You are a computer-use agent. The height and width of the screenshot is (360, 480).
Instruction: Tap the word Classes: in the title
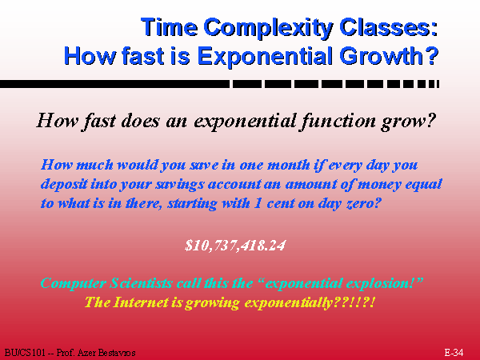point(389,27)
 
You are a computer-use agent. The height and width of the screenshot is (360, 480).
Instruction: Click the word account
point(234,184)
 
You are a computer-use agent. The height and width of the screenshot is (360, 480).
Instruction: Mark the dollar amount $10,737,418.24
point(235,246)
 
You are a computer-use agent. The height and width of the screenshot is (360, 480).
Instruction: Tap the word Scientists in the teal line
point(141,283)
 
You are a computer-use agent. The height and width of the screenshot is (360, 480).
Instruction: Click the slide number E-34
point(454,353)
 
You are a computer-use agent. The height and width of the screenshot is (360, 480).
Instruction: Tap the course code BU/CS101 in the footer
point(24,353)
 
